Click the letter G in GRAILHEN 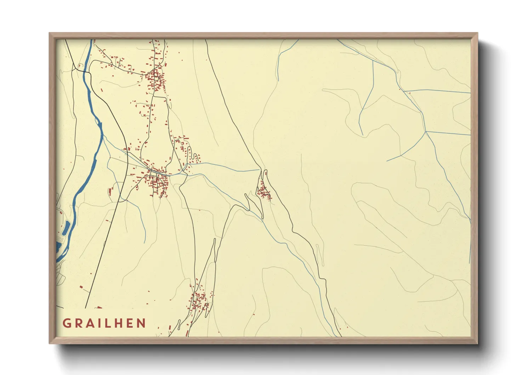tap(67, 323)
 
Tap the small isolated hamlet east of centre tap(264, 192)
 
